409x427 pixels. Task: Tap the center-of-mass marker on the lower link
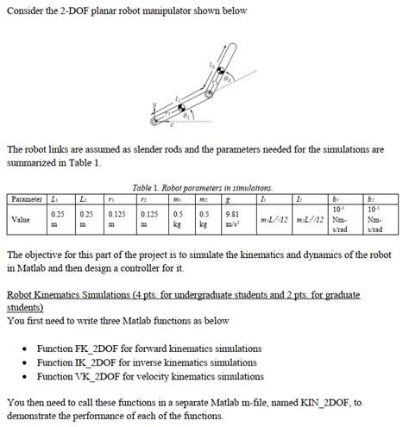click(182, 108)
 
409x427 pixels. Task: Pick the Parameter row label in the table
click(26, 199)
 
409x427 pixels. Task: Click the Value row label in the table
click(23, 219)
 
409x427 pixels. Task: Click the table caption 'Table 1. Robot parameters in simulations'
click(204, 187)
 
